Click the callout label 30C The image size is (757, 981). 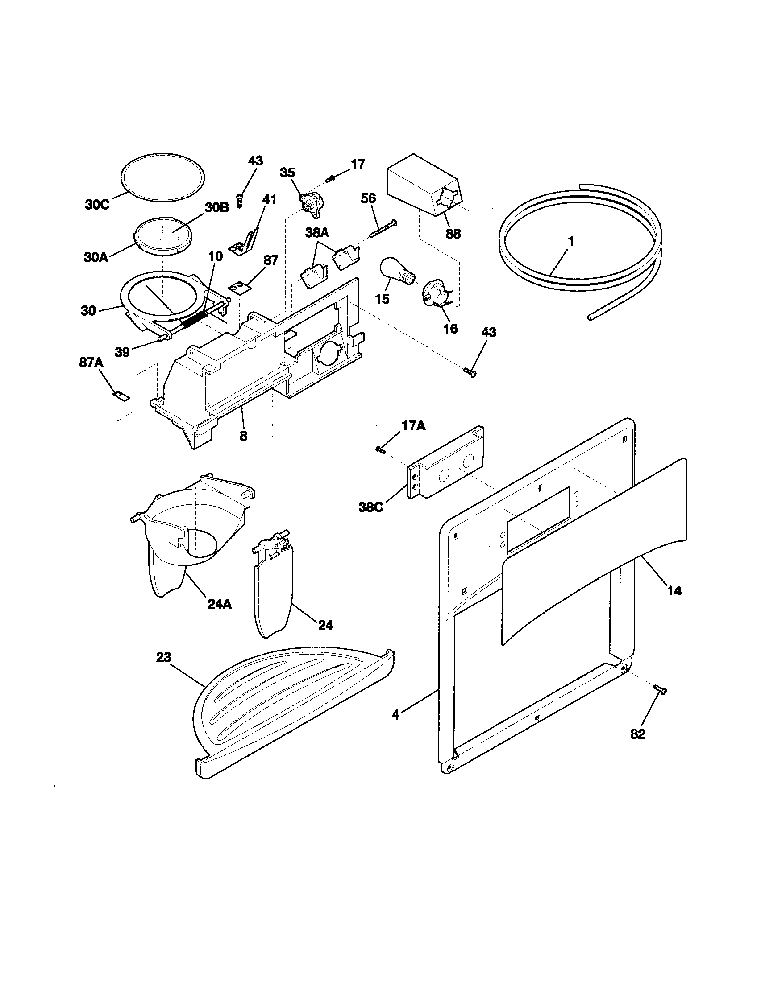[97, 204]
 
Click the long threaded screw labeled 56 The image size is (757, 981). [383, 229]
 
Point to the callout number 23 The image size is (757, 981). [164, 658]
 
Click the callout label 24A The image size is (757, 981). [219, 605]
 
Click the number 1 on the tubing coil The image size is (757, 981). [570, 242]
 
